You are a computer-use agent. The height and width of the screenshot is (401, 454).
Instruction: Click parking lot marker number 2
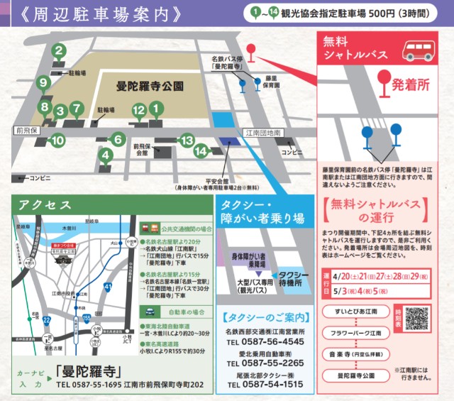59,50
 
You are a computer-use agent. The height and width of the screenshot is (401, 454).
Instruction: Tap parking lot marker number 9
44,84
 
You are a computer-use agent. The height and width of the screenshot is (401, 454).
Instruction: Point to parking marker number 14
201,150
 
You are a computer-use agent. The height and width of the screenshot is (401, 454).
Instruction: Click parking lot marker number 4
106,153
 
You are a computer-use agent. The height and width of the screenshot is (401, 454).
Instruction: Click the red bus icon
420,49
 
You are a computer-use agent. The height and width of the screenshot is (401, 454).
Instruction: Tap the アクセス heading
46,204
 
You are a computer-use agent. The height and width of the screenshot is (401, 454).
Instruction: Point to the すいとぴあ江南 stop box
353,312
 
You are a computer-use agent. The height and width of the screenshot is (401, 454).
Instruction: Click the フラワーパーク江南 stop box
353,332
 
